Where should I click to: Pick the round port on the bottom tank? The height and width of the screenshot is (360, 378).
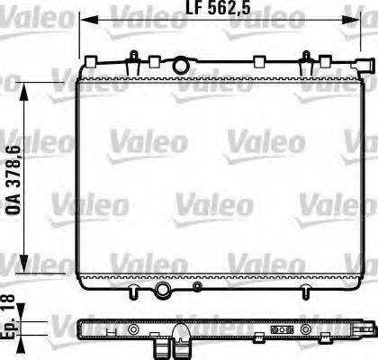click(163, 290)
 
